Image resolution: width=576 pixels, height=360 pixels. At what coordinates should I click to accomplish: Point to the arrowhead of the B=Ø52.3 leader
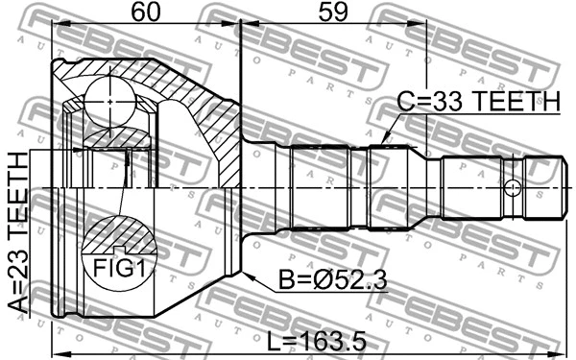[x=246, y=275]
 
